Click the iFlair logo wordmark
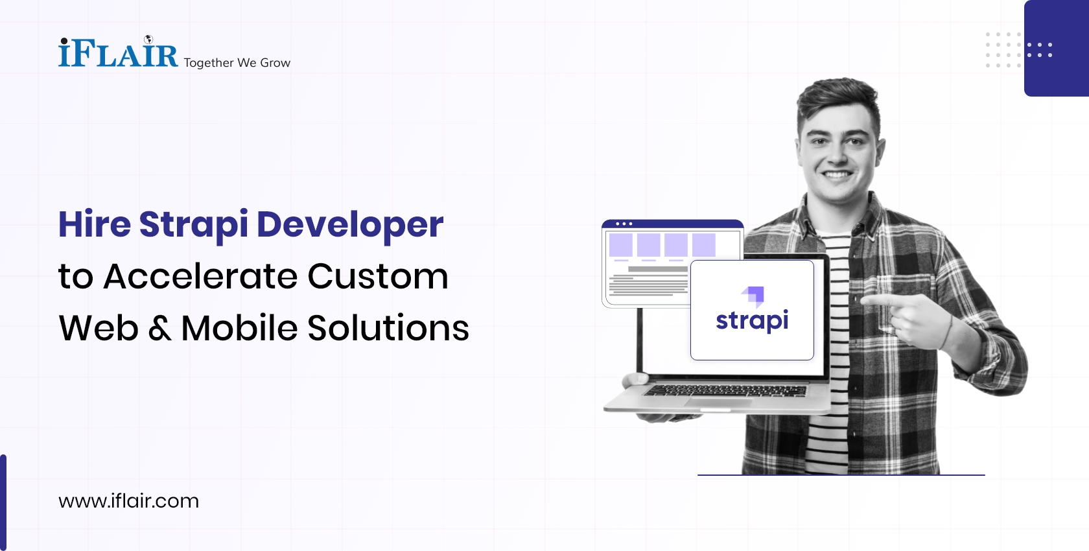coord(118,53)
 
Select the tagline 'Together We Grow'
coord(237,63)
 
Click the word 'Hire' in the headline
coord(95,224)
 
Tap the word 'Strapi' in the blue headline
coord(193,225)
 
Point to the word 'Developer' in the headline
coord(350,225)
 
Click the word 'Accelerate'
coord(201,276)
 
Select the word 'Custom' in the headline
coord(377,276)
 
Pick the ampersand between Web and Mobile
coord(159,328)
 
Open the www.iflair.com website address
coord(128,501)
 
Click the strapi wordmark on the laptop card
coord(752,320)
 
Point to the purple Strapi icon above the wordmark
coord(753,296)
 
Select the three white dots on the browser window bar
coord(624,224)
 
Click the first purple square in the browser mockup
coord(620,245)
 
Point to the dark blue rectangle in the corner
coord(1057,48)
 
